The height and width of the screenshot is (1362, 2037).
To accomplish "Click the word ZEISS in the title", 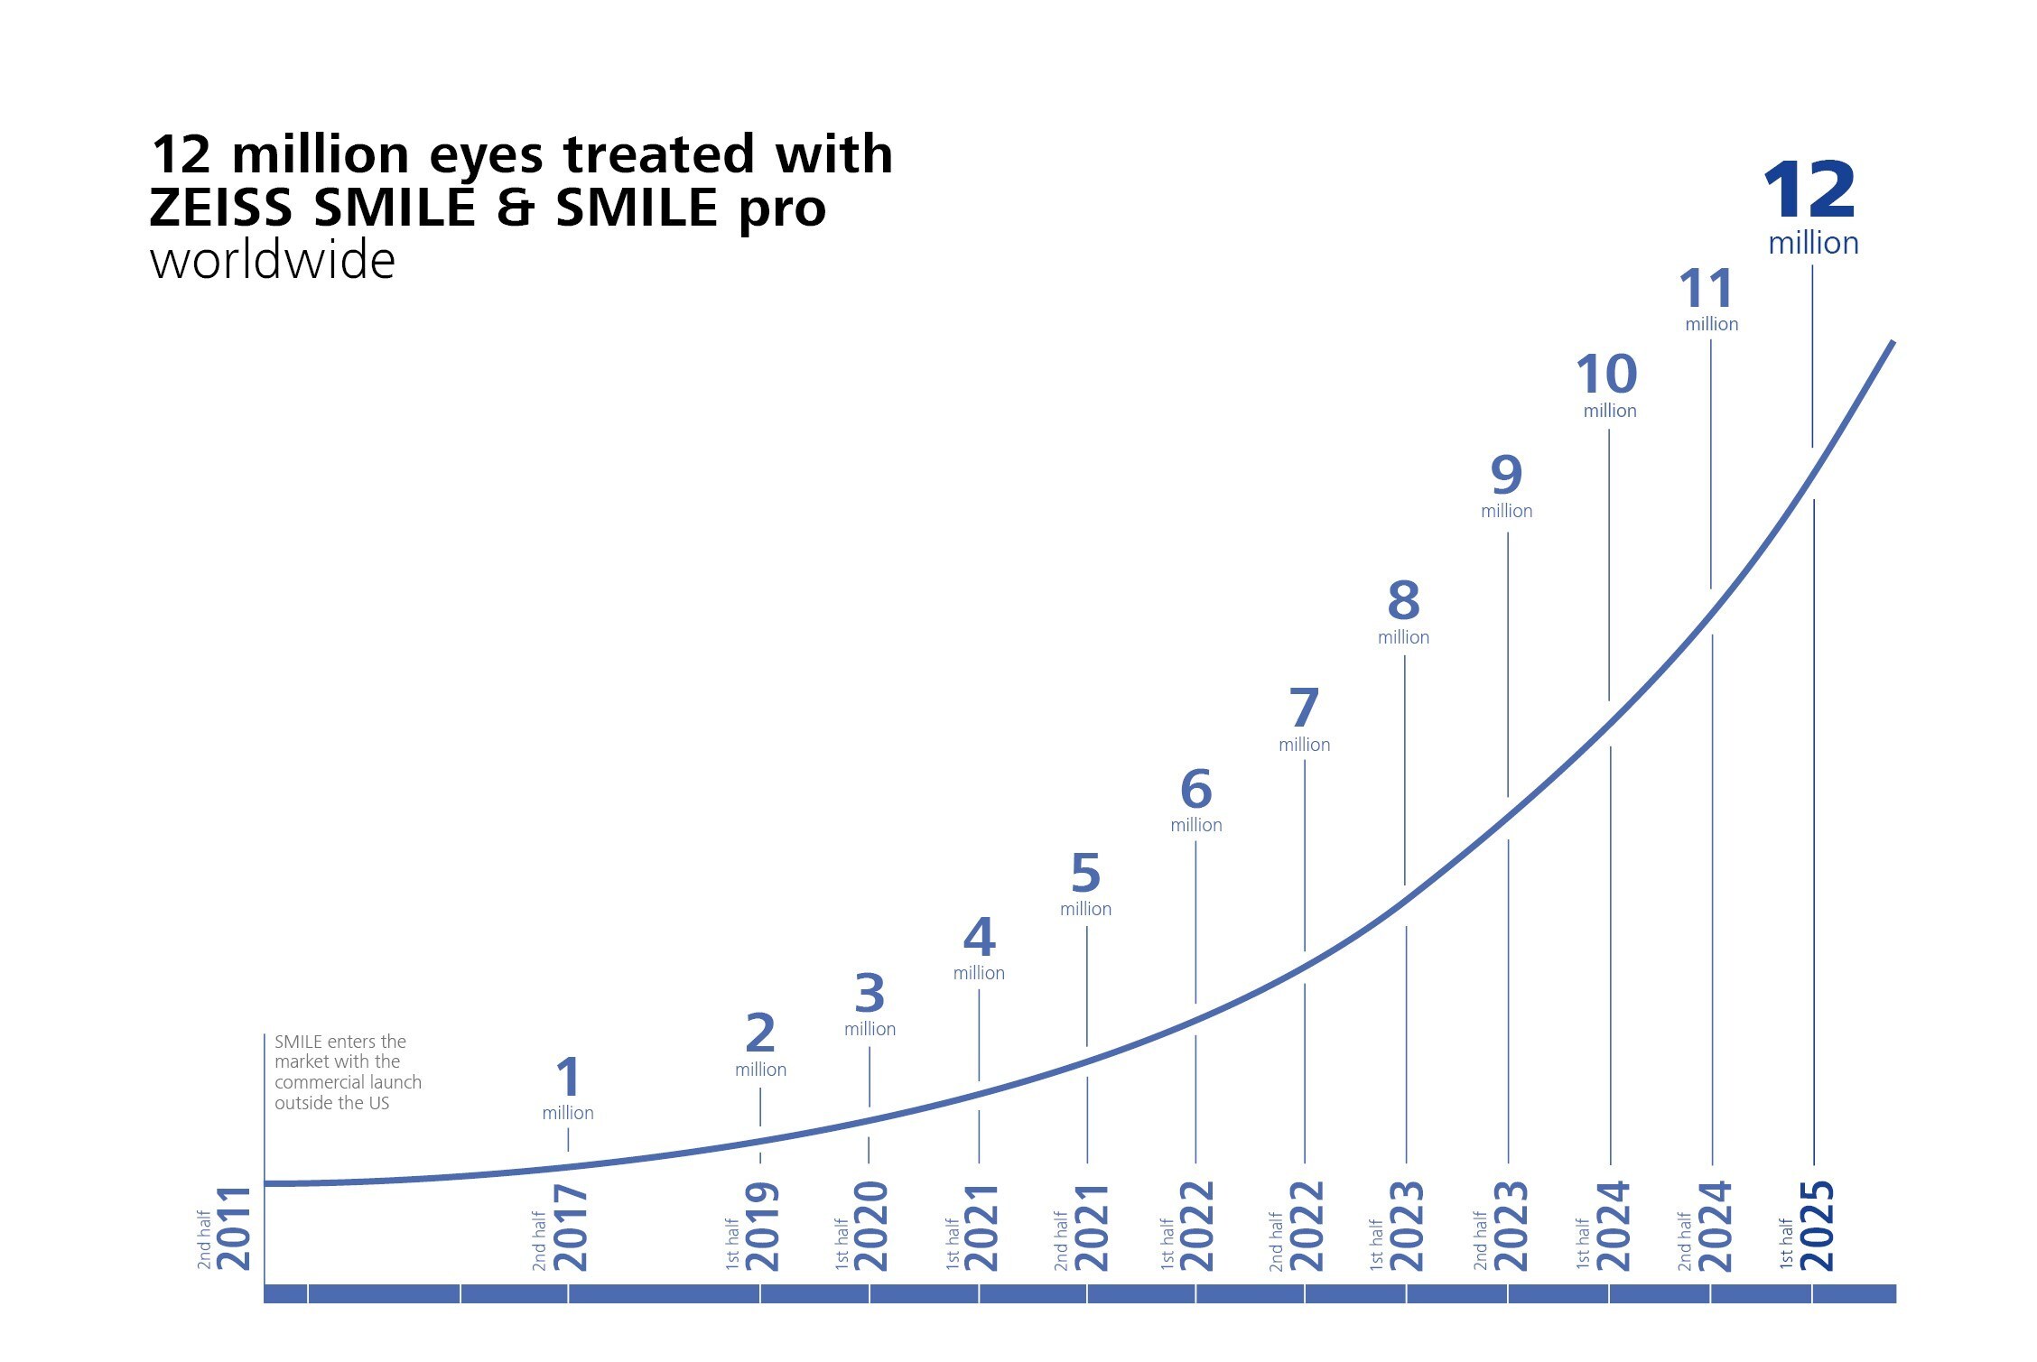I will [x=220, y=208].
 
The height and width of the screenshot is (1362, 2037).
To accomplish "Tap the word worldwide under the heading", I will [x=272, y=261].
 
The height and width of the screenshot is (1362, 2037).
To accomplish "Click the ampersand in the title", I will [x=515, y=208].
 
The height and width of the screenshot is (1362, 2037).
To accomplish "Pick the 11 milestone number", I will [x=1706, y=290].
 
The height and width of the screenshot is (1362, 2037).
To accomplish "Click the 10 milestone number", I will [x=1606, y=374].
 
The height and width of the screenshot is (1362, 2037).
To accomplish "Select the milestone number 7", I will [x=1303, y=708].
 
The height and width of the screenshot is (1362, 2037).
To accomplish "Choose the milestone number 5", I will [x=1085, y=873].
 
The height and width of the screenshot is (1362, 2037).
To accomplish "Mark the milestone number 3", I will [x=870, y=993].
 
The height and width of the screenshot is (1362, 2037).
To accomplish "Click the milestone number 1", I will [x=567, y=1077].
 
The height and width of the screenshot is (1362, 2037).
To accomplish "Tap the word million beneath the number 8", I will [x=1403, y=637].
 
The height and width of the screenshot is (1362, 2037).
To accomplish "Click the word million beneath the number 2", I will [x=760, y=1070].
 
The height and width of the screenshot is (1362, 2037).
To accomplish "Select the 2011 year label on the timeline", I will [x=234, y=1228].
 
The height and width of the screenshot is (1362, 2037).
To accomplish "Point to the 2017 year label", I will [x=570, y=1228].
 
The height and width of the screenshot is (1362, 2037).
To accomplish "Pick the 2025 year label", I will [x=1817, y=1227].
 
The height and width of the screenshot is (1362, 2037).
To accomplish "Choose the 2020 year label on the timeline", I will [x=871, y=1227].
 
